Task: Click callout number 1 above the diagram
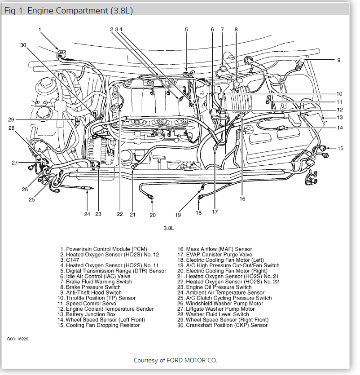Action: [x=40, y=30]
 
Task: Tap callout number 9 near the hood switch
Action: [x=339, y=60]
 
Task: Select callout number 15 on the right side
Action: [x=340, y=148]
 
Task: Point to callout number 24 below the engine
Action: [x=87, y=214]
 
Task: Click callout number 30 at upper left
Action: [x=23, y=45]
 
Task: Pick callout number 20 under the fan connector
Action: [x=153, y=215]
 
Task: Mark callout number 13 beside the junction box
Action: [x=340, y=118]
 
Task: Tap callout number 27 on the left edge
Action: [x=15, y=163]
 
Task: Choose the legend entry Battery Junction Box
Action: [x=90, y=314]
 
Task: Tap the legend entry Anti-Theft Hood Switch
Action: [x=93, y=292]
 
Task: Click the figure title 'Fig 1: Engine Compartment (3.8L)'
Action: [x=68, y=10]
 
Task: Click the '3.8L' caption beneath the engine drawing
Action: [x=168, y=228]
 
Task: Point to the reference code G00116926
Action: [x=18, y=339]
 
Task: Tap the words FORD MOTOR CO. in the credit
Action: [x=196, y=360]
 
